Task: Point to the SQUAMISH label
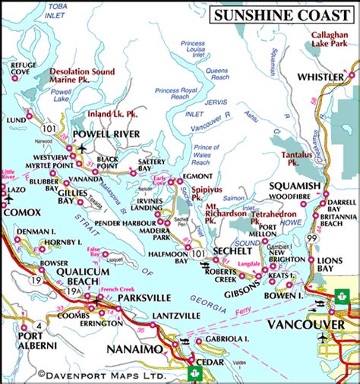298,186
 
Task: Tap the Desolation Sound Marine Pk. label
82,76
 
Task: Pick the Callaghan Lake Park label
333,40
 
